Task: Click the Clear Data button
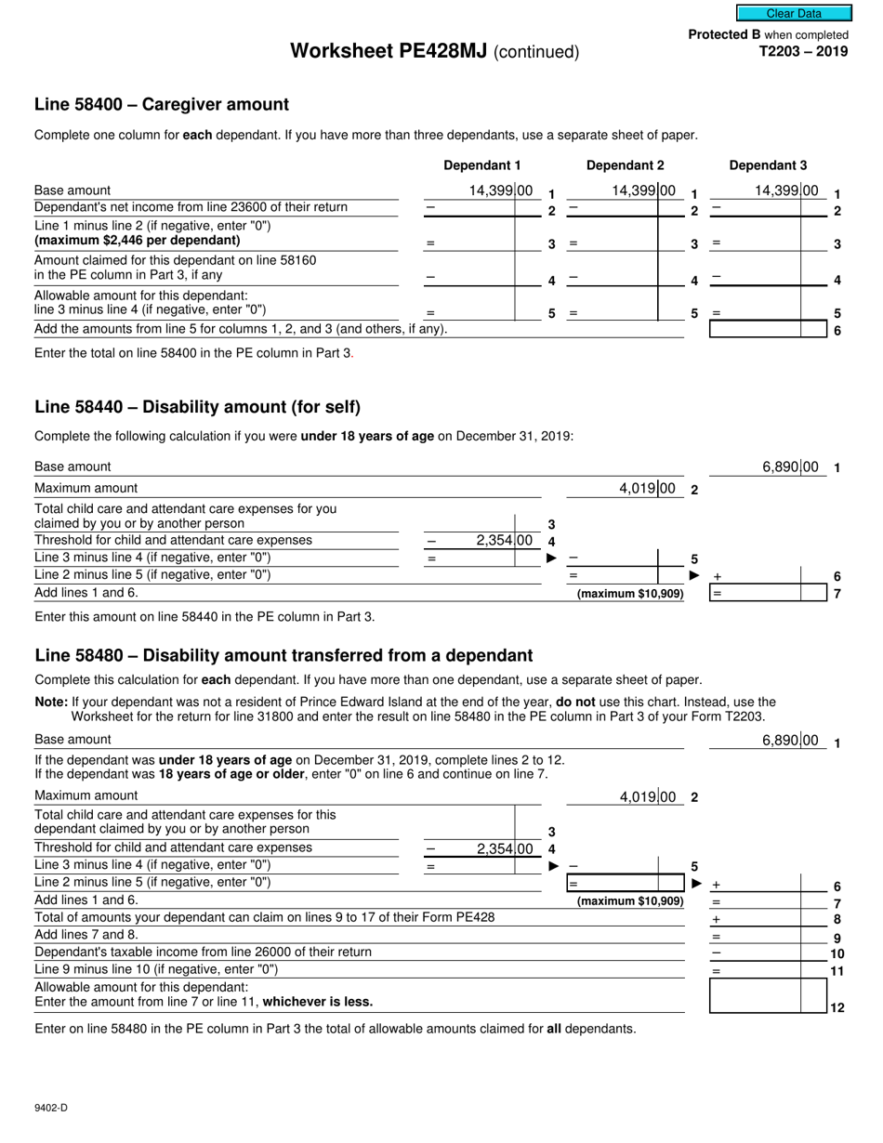(x=794, y=13)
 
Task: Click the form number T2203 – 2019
(x=803, y=52)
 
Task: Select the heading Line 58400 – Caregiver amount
(x=162, y=104)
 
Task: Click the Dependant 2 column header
(x=625, y=165)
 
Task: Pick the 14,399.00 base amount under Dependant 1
(x=502, y=191)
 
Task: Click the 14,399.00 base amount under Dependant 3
(x=787, y=191)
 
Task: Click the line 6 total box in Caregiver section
(x=767, y=329)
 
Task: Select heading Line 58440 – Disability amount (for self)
(x=197, y=407)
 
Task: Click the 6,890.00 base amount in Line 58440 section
(x=790, y=466)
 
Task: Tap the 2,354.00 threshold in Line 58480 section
(x=504, y=848)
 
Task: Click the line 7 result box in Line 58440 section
(x=767, y=593)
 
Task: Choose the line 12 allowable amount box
(x=767, y=995)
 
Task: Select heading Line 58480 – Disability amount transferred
(x=283, y=655)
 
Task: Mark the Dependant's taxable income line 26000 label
(x=203, y=952)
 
